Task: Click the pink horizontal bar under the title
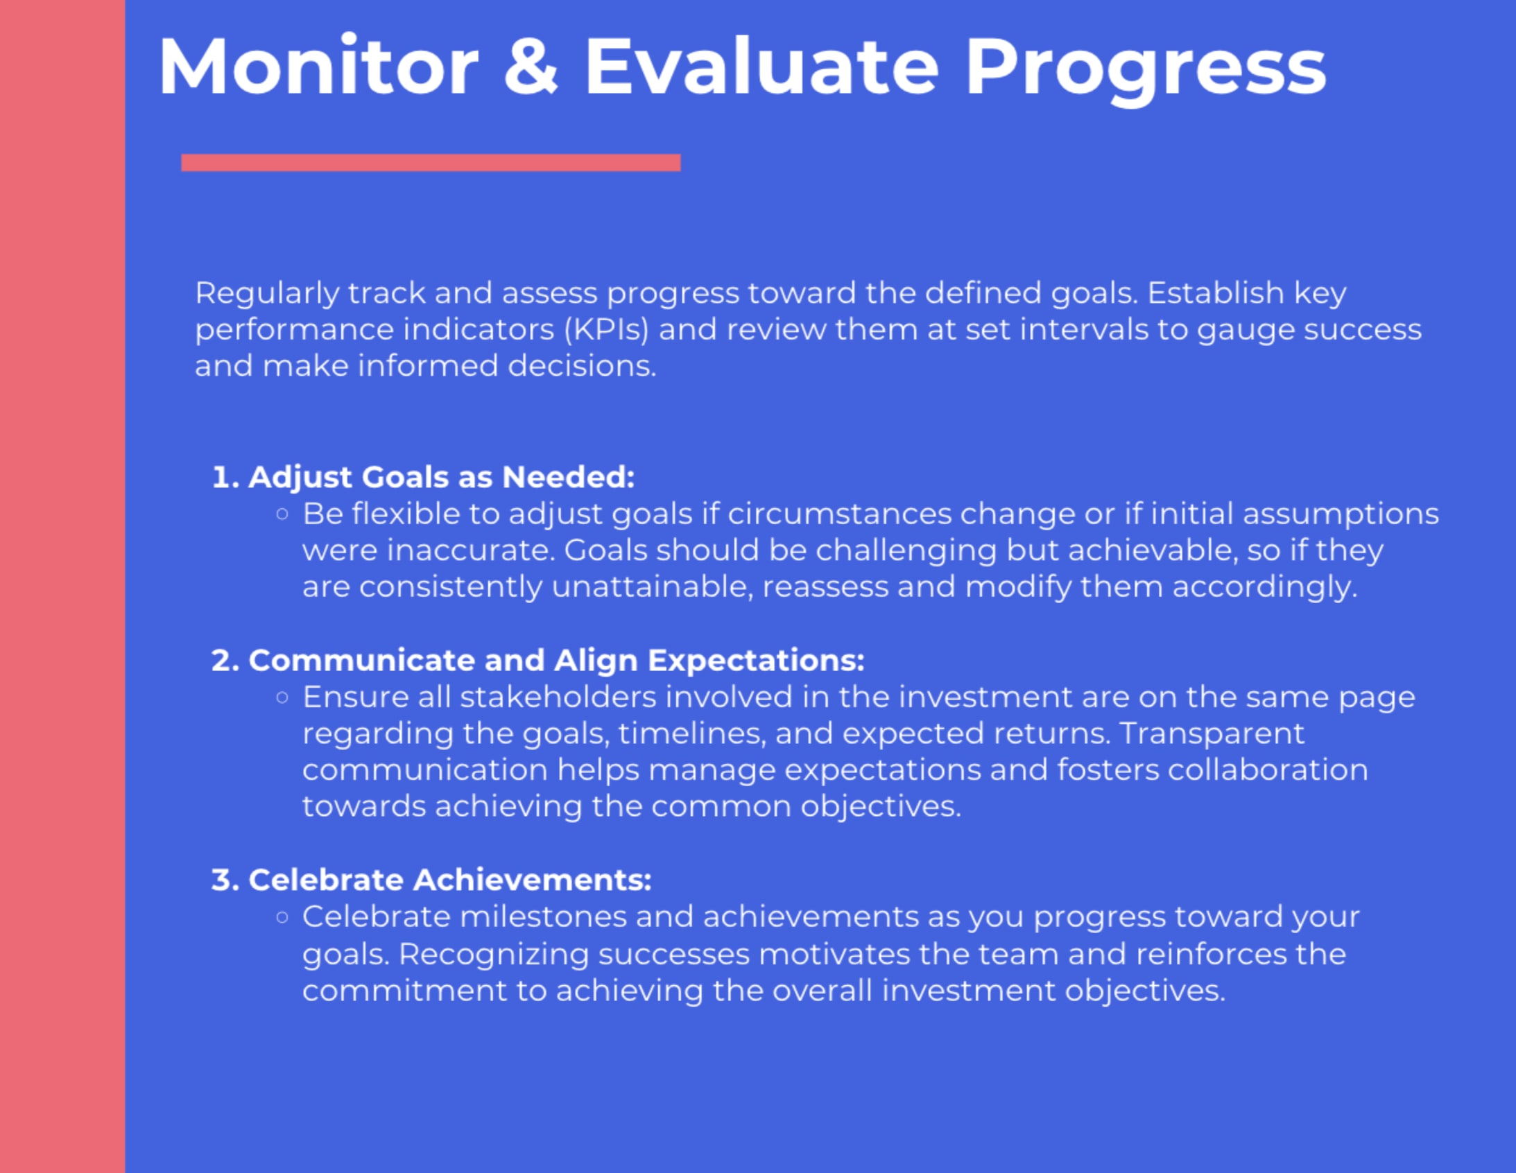coord(431,162)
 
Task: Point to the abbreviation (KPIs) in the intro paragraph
coord(606,329)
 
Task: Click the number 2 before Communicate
coord(221,660)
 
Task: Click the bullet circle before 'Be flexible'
coord(282,514)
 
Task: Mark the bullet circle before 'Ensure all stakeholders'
coord(282,697)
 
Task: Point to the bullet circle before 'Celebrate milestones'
coord(282,918)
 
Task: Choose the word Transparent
coord(1212,733)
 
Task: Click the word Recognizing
coord(494,955)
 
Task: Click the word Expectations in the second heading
coord(756,661)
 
